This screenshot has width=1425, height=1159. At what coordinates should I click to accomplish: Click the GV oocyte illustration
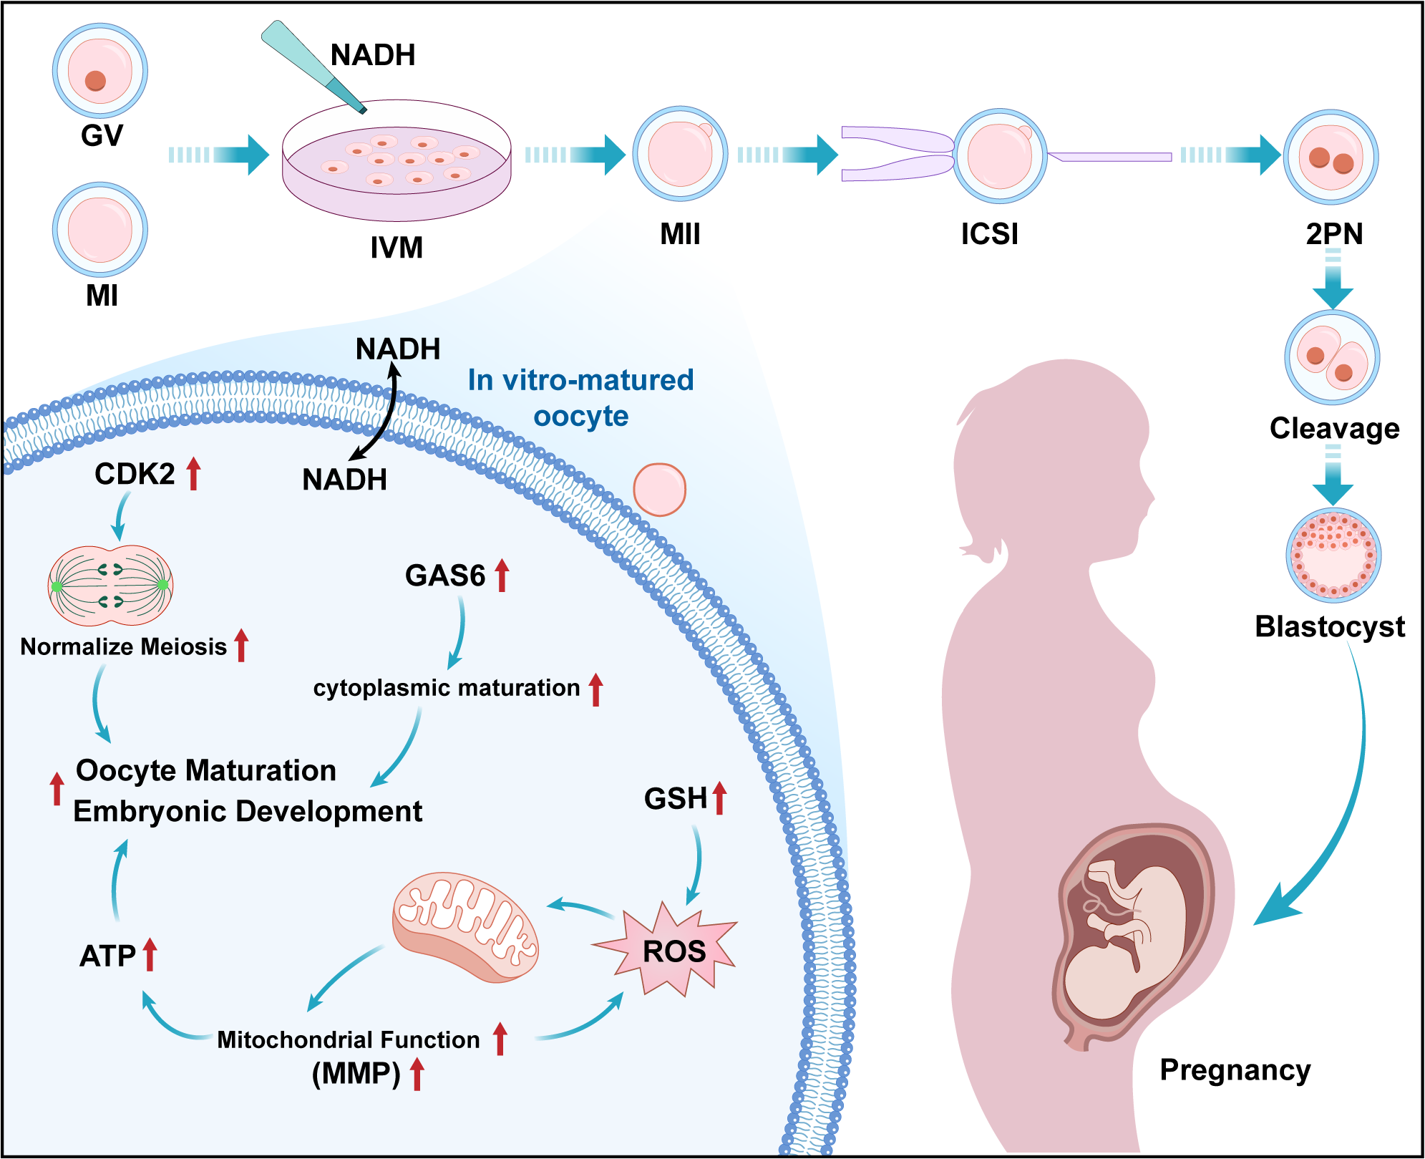click(100, 71)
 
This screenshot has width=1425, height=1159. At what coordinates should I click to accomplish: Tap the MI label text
click(102, 296)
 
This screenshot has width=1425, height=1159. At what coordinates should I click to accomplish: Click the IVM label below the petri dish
click(397, 248)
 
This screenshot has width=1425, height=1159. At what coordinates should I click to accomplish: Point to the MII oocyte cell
click(680, 154)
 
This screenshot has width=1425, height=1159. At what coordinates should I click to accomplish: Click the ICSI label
click(989, 234)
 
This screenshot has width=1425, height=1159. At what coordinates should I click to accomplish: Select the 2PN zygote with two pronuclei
click(1331, 157)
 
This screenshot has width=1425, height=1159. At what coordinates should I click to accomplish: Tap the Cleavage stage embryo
click(1332, 358)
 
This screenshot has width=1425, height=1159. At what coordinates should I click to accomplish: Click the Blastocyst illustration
click(1333, 556)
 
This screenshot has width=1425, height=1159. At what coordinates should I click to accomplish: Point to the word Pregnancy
click(1235, 1070)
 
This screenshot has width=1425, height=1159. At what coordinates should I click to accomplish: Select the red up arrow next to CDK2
click(193, 474)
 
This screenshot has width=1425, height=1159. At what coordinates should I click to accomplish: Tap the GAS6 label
click(445, 576)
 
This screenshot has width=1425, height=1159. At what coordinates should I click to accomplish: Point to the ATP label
click(108, 956)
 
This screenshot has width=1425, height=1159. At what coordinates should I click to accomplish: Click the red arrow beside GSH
click(719, 798)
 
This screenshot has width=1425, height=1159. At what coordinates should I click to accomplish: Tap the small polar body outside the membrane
click(659, 490)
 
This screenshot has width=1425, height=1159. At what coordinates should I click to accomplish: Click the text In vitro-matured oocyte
click(580, 398)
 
